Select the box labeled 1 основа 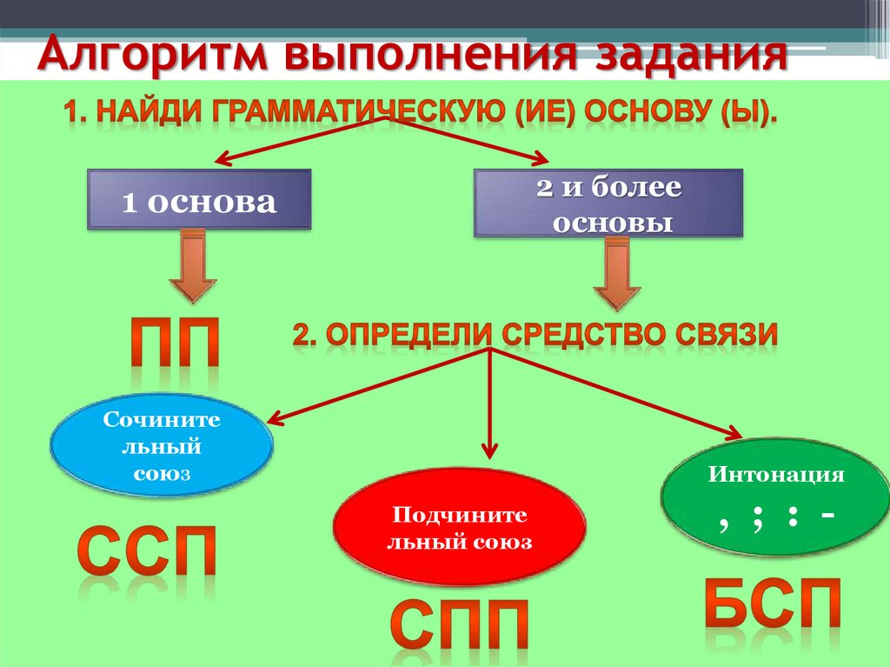click(x=199, y=200)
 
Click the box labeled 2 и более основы click(x=608, y=203)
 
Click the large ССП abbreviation click(x=147, y=550)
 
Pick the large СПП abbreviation click(x=459, y=622)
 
